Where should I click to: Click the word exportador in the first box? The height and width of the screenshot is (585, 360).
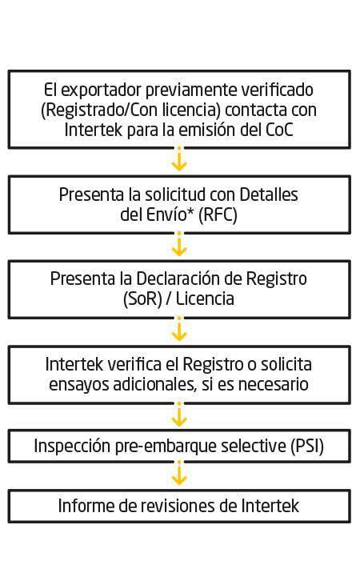(101, 90)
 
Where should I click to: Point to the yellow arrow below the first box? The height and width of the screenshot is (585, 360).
(179, 159)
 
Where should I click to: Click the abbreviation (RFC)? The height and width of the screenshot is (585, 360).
(218, 215)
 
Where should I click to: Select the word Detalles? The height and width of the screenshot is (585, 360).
(269, 194)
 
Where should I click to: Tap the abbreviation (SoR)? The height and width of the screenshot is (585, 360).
(142, 299)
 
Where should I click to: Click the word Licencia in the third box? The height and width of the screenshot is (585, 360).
(205, 299)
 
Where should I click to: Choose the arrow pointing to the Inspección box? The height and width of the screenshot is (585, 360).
(179, 415)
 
